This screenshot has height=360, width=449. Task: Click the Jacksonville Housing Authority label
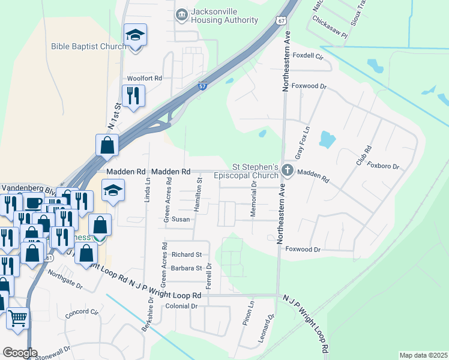224,16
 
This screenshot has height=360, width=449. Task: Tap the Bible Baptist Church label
88,46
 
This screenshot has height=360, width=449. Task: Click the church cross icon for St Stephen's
287,171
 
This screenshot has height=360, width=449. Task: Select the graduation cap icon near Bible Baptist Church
136,36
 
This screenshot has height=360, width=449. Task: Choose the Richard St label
186,255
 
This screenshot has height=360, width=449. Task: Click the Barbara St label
186,268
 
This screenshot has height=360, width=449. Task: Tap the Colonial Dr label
181,306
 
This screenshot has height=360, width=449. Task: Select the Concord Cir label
81,313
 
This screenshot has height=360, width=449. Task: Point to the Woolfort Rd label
145,79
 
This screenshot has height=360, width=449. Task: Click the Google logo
20,353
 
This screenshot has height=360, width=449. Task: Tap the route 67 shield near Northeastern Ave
282,20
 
